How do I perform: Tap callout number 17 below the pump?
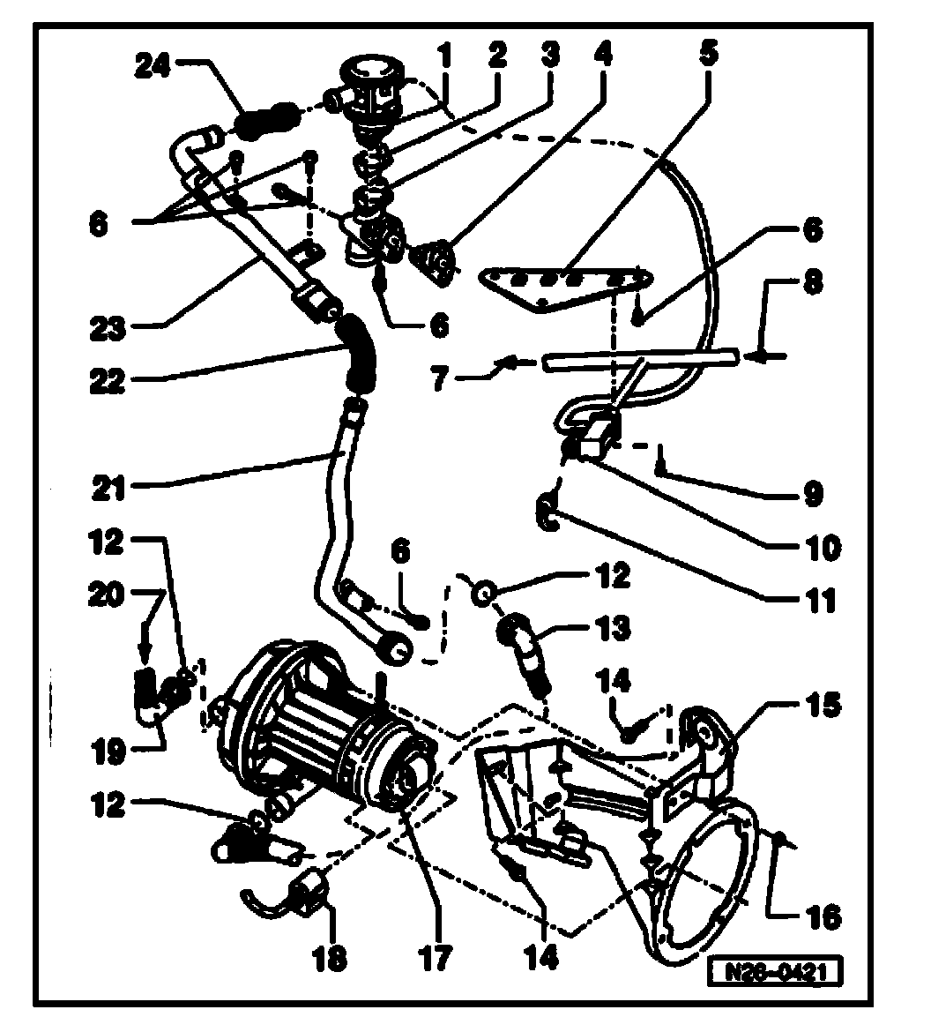[x=436, y=956]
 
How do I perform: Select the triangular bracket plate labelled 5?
[x=564, y=287]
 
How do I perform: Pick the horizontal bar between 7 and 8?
[x=639, y=360]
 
